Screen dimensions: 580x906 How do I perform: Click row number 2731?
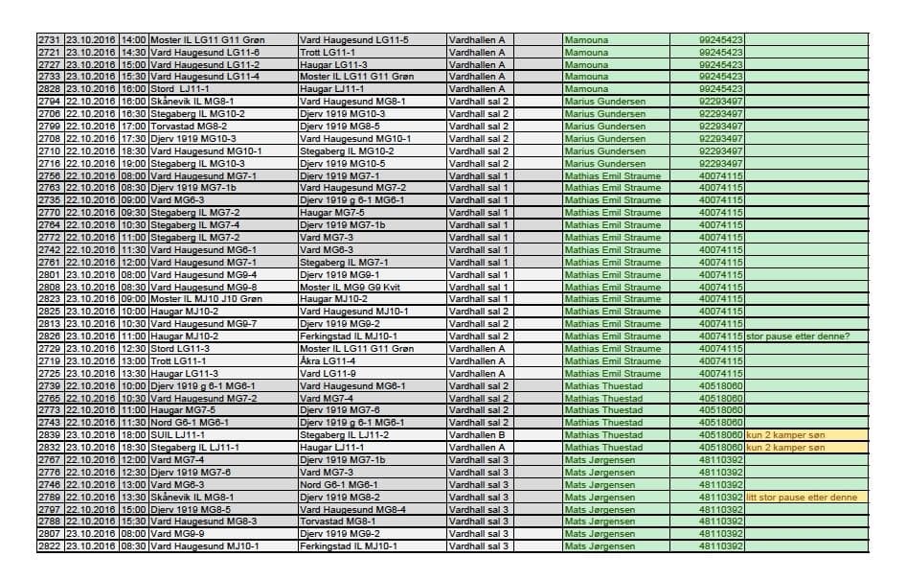(x=49, y=39)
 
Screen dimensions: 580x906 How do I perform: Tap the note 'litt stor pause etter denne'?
(x=802, y=498)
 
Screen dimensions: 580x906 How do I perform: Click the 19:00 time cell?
(x=135, y=163)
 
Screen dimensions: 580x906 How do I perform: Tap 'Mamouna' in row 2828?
(x=586, y=88)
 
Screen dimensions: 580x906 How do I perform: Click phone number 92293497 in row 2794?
(x=721, y=101)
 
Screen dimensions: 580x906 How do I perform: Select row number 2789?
(x=49, y=498)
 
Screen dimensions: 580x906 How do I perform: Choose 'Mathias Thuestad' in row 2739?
(x=603, y=385)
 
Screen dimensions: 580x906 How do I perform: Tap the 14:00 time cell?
(x=135, y=39)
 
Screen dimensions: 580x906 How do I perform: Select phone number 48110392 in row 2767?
(x=721, y=460)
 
